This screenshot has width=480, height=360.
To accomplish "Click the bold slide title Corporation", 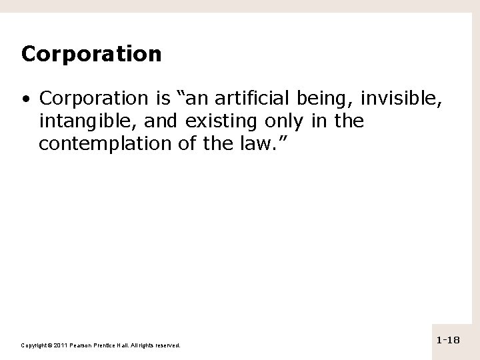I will pyautogui.click(x=91, y=53).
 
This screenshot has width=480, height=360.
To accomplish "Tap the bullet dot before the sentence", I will pyautogui.click(x=25, y=100).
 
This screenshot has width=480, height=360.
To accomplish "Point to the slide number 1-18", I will pyautogui.click(x=448, y=341).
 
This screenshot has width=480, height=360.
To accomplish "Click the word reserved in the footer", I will pyautogui.click(x=166, y=345).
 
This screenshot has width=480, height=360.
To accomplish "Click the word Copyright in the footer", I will pyautogui.click(x=33, y=345).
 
